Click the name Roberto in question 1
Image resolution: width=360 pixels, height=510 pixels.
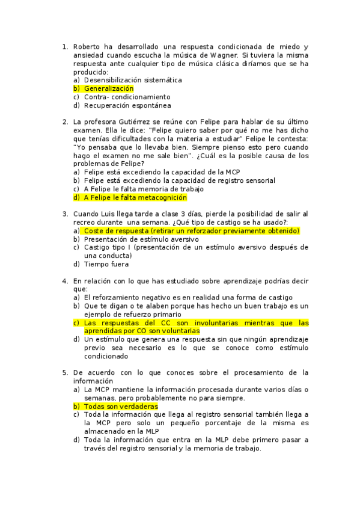(x=87, y=46)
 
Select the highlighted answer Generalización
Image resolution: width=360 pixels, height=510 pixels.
(x=109, y=88)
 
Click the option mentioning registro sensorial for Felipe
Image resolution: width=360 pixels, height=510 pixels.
(x=180, y=180)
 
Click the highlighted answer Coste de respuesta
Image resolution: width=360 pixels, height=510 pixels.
(x=192, y=230)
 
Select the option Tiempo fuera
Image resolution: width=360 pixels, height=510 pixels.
(x=106, y=263)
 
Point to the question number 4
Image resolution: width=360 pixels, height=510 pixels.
(x=65, y=281)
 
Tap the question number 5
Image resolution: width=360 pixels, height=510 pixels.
(x=65, y=372)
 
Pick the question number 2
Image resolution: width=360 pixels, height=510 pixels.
(x=65, y=122)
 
